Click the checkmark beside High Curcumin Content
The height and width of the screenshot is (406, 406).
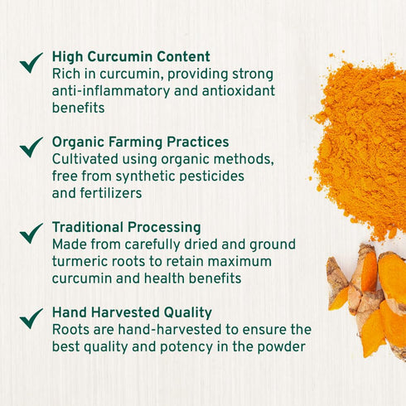(31, 62)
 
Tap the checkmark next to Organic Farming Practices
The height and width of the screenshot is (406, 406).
(31, 147)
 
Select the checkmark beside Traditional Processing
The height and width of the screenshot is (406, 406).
(31, 233)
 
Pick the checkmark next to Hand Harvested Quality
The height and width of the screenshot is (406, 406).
(31, 318)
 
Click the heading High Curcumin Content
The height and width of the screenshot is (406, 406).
(131, 57)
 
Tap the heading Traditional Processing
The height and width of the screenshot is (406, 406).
(126, 227)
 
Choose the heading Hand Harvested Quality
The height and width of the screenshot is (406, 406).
(132, 312)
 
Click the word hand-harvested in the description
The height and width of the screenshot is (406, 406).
(162, 330)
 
